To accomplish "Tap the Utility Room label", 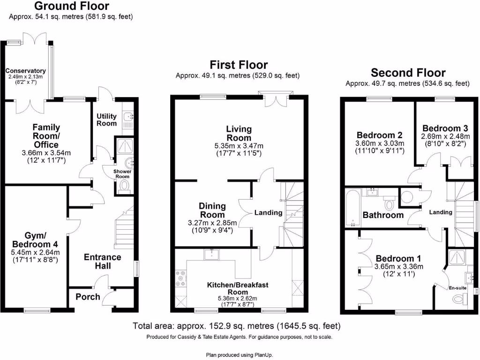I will point(106,120).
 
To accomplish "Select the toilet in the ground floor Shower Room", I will point(124,187).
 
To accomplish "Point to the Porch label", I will point(88,297).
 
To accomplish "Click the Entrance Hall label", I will point(102,261).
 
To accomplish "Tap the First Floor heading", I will point(239,65).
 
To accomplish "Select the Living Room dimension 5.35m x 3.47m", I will point(239,146).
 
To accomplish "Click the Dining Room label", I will point(212,210).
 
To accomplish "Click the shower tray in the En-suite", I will point(456,257).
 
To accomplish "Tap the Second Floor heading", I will point(408,73).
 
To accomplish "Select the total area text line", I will point(237,326).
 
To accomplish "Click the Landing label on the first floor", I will point(268,212).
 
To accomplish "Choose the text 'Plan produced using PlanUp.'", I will point(240,355).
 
